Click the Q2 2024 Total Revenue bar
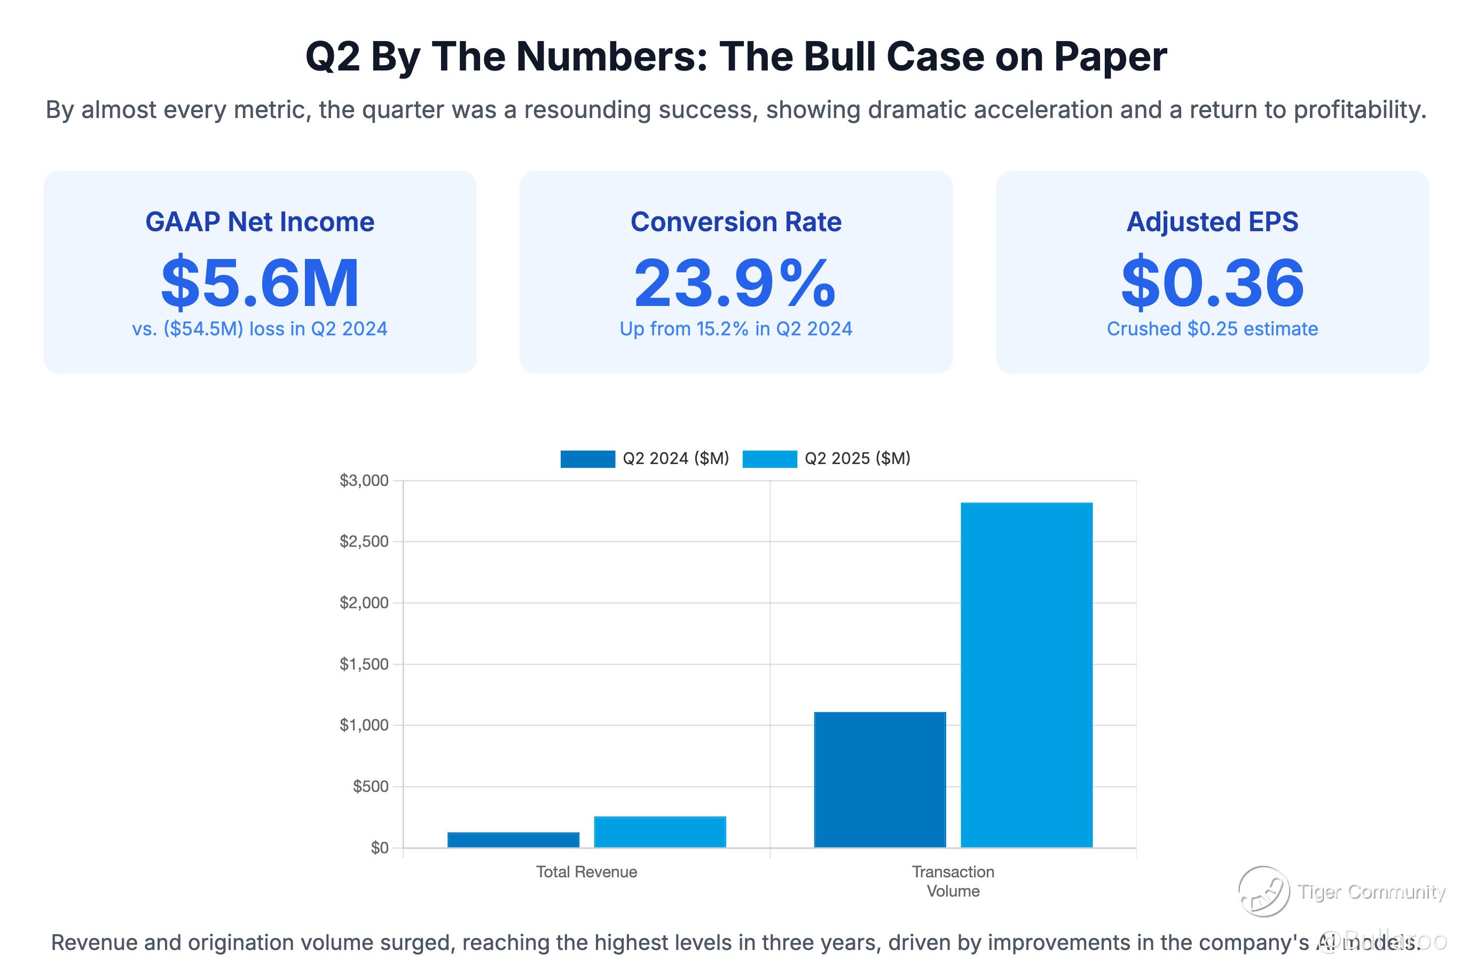coord(513,839)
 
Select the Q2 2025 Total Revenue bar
coord(659,832)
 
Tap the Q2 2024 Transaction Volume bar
coord(879,780)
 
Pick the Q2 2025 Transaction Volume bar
coord(1026,674)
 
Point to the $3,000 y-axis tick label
coord(364,480)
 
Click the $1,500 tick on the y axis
coord(364,664)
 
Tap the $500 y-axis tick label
coord(370,787)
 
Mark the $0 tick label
coord(380,848)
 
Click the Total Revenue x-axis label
coord(586,872)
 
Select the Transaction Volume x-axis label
coord(953,882)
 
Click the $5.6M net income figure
coord(260,283)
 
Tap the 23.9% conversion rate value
coord(735,283)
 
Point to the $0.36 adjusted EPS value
coord(1212,283)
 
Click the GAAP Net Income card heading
coord(260,222)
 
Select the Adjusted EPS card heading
coord(1212,222)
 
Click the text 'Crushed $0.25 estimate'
coord(1212,328)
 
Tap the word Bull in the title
coord(840,57)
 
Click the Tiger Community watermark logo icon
coord(1263,891)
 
